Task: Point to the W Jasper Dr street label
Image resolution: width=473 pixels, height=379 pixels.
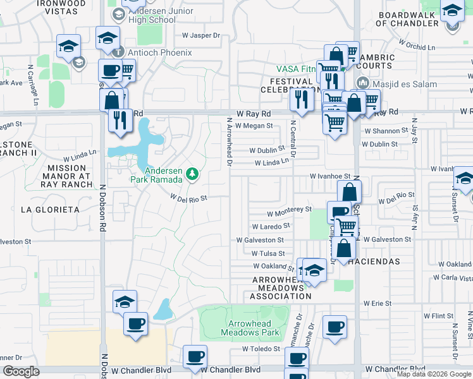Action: click(x=200, y=36)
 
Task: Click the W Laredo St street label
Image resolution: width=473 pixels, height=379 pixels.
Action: click(x=271, y=226)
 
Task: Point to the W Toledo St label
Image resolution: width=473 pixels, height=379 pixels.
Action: click(x=260, y=349)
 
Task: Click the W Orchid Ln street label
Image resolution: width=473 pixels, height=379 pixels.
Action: click(x=417, y=45)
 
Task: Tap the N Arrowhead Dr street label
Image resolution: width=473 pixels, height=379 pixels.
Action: click(x=230, y=142)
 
